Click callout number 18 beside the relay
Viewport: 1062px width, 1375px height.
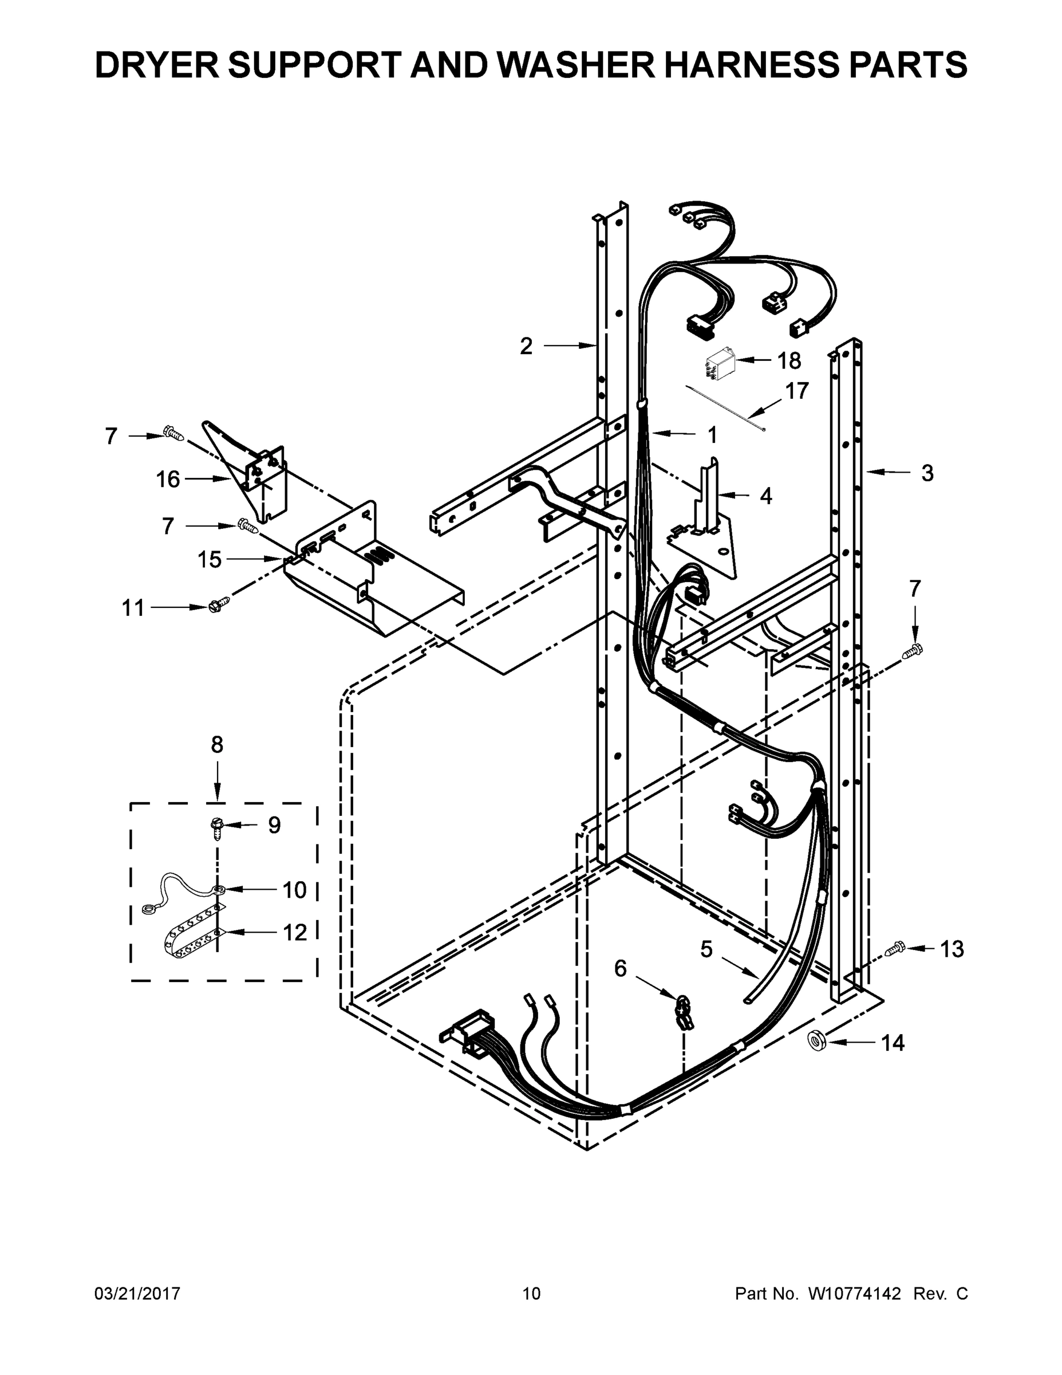(x=788, y=361)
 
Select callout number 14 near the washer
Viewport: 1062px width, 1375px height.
(x=892, y=1043)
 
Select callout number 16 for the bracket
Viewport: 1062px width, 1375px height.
(x=168, y=480)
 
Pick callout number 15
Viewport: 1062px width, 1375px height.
(x=210, y=559)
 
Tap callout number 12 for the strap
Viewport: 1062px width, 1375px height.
(x=294, y=932)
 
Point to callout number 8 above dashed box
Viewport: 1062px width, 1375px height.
(x=217, y=745)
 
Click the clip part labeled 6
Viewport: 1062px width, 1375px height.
(x=684, y=1011)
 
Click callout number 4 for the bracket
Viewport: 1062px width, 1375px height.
(x=765, y=496)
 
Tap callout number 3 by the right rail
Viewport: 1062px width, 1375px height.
(x=927, y=473)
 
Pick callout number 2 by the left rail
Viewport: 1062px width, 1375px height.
(x=526, y=345)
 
